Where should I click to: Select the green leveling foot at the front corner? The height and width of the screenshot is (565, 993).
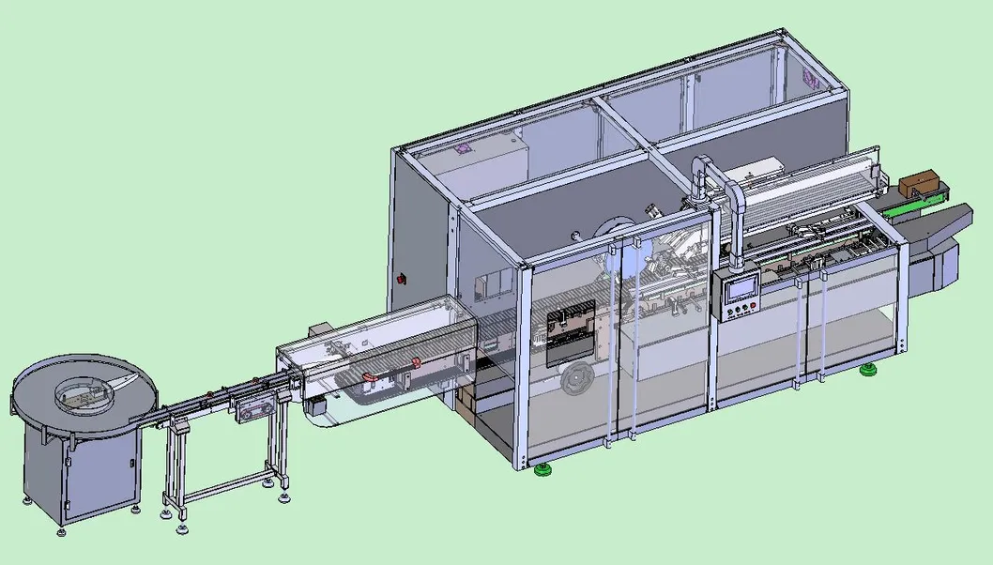[x=542, y=468]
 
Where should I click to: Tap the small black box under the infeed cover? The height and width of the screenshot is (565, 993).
[x=315, y=405]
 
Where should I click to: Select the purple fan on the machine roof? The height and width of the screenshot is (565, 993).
[x=462, y=148]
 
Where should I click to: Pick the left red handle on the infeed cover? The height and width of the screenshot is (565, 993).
[x=369, y=377]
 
